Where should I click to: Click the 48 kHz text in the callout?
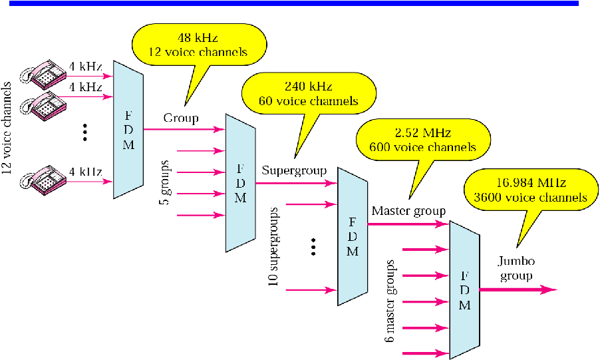pyautogui.click(x=199, y=37)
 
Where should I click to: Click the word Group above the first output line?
pyautogui.click(x=181, y=118)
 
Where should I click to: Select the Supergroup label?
pyautogui.click(x=294, y=170)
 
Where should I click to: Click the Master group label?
pyautogui.click(x=408, y=212)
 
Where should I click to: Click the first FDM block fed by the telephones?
pyautogui.click(x=128, y=129)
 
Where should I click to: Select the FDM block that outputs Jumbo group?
pyautogui.click(x=465, y=289)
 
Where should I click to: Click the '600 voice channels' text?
pyautogui.click(x=424, y=147)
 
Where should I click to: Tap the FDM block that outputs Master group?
pyautogui.click(x=353, y=236)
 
